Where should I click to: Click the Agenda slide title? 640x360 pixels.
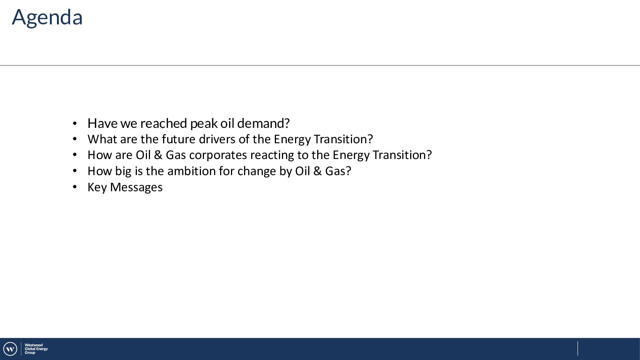pos(47,18)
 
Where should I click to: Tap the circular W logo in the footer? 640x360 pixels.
pos(10,349)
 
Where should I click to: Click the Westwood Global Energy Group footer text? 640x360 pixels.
pos(36,349)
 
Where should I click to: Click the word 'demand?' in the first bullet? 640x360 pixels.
pos(264,123)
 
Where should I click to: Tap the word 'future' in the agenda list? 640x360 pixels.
pos(178,139)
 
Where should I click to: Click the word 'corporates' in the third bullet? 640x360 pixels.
pos(218,155)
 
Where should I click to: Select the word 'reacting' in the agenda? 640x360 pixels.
pos(272,155)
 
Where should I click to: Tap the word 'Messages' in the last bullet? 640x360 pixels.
pos(136,187)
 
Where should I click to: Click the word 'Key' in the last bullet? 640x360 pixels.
pos(97,187)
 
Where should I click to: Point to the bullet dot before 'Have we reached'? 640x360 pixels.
pos(75,124)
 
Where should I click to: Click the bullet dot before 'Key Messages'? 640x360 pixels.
pos(75,187)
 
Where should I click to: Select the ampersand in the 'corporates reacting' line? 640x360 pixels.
pos(158,155)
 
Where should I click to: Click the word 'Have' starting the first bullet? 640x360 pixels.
pos(102,123)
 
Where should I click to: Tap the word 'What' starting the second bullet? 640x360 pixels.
pos(102,139)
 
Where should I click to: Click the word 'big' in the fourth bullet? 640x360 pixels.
pos(123,171)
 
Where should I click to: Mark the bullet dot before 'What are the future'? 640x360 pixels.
pos(75,139)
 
